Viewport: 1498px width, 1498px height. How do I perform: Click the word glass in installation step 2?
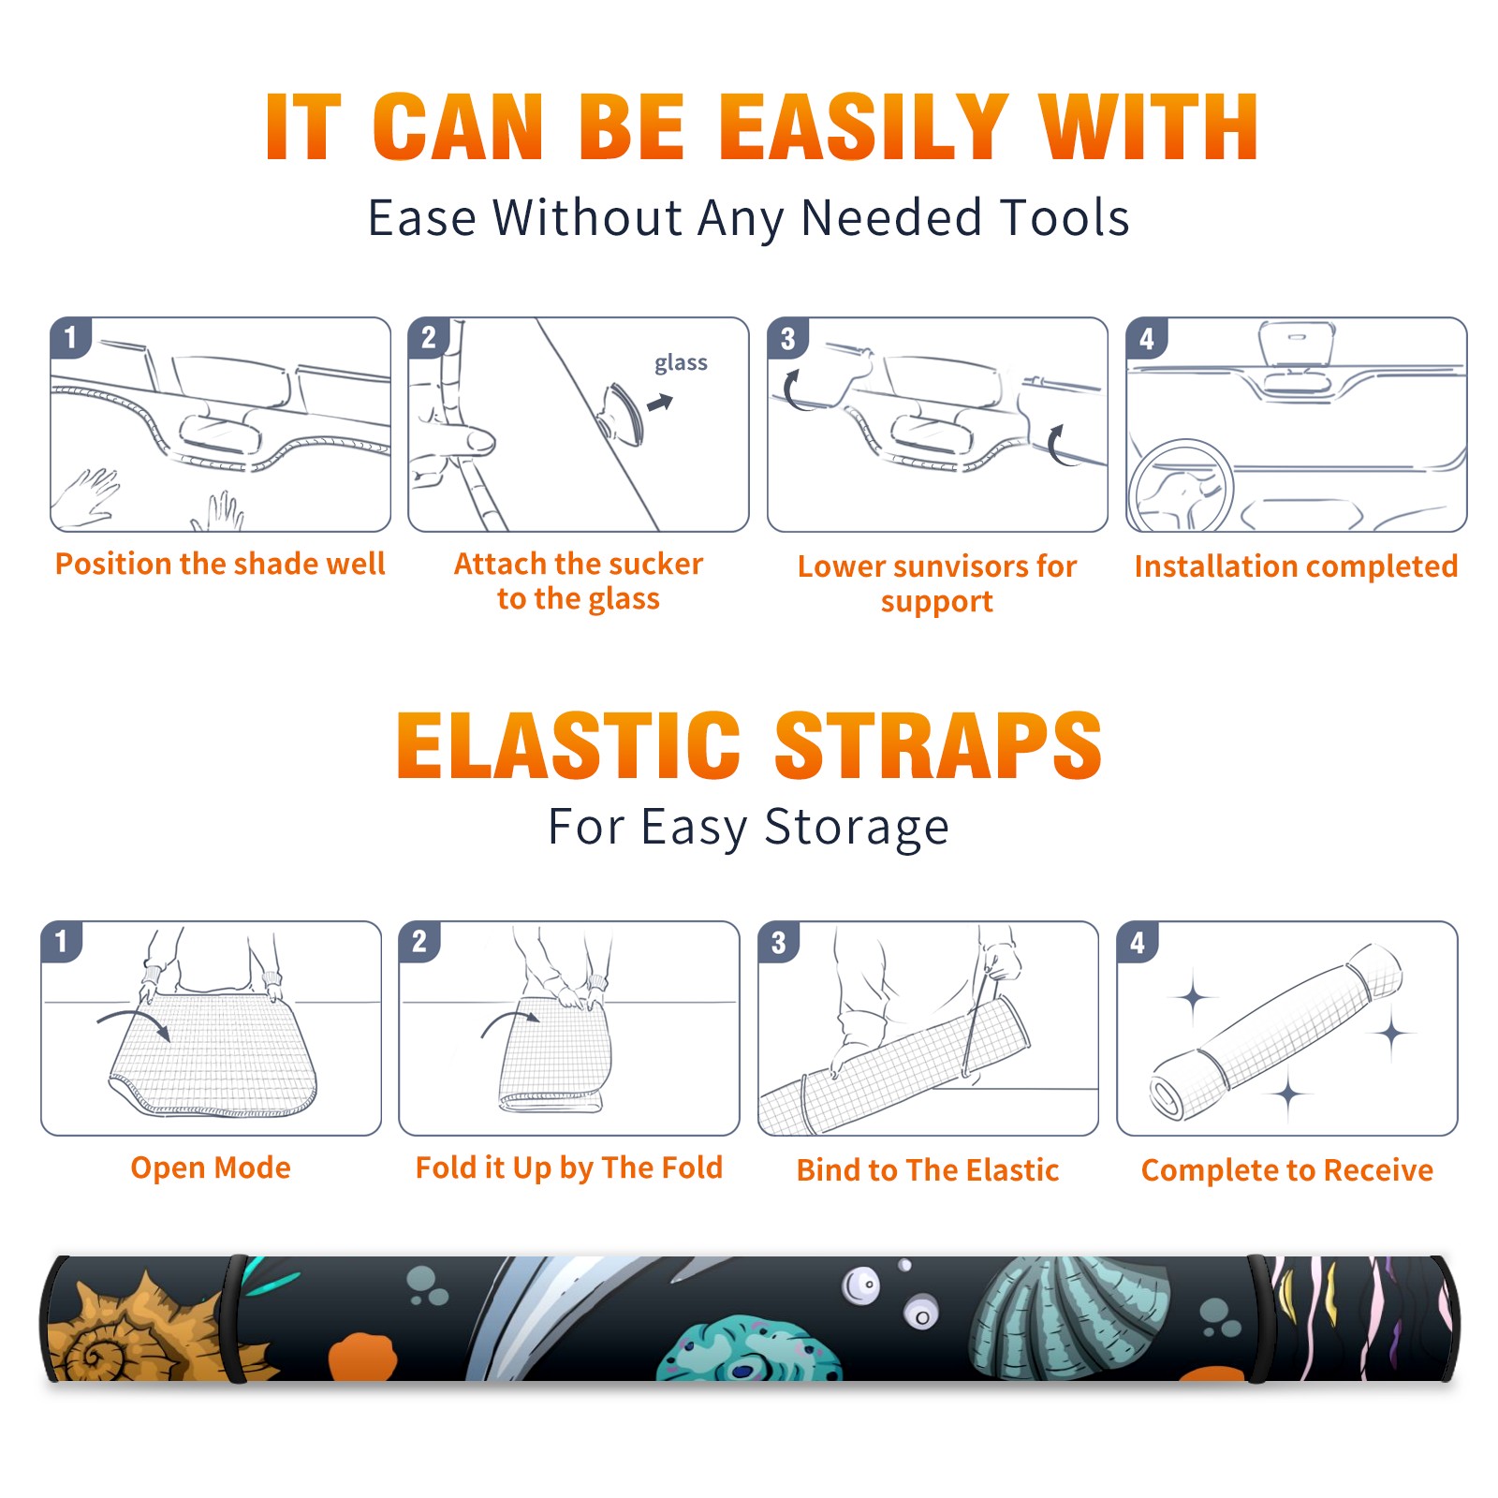[681, 363]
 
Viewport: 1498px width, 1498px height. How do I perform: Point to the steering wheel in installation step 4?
[1181, 486]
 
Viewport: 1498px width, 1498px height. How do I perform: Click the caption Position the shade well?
[220, 564]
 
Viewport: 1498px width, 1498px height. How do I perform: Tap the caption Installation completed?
[1296, 566]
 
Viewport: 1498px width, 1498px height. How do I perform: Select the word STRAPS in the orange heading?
[938, 745]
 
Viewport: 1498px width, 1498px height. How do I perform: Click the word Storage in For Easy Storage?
[857, 828]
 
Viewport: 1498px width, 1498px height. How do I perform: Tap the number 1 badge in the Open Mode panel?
[62, 941]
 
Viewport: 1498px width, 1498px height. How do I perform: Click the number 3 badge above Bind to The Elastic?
[779, 942]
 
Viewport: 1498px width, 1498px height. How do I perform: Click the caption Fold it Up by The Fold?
[569, 1168]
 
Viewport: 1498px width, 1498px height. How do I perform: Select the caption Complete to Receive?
[1287, 1170]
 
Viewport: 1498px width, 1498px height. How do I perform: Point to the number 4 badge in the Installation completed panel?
[1147, 339]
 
